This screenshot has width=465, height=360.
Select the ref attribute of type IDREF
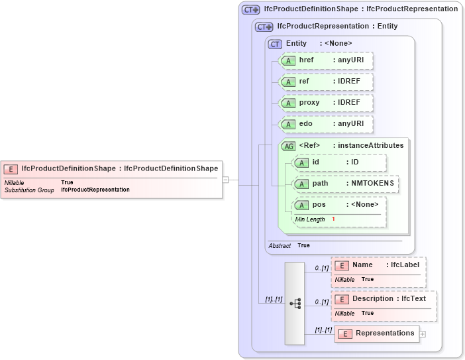pos(326,82)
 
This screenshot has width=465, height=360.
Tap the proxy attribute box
pos(326,103)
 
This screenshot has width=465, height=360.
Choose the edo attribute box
pos(326,124)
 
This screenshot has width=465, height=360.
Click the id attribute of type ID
pos(339,162)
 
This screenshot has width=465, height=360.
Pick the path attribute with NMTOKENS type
pos(346,184)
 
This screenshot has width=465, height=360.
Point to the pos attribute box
pos(339,205)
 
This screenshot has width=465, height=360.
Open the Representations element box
pos(377,333)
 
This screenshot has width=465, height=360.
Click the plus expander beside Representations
pos(423,334)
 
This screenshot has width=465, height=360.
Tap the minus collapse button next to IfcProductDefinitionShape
pos(226,179)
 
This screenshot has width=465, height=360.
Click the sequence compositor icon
pos(295,303)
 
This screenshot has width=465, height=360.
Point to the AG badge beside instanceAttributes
pos(289,146)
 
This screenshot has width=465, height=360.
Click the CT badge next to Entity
pos(275,44)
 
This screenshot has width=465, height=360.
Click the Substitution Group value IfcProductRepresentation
pos(95,190)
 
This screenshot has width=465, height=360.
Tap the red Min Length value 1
pos(333,219)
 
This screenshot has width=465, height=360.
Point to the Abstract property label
pos(279,245)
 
